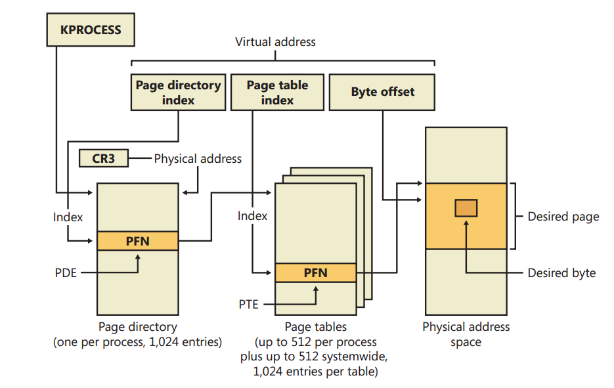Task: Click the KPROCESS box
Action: pyautogui.click(x=91, y=30)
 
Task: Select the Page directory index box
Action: pyautogui.click(x=178, y=93)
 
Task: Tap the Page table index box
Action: pyautogui.click(x=277, y=93)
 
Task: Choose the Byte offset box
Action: pyautogui.click(x=382, y=93)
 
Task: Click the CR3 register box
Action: pyautogui.click(x=104, y=159)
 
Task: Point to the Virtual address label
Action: pyautogui.click(x=275, y=42)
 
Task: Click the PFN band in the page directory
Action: pyautogui.click(x=138, y=241)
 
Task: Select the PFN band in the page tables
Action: pyautogui.click(x=316, y=272)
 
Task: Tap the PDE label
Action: pyautogui.click(x=66, y=272)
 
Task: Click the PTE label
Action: pyautogui.click(x=249, y=304)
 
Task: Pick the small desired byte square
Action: pyautogui.click(x=466, y=208)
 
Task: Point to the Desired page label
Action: pyautogui.click(x=563, y=217)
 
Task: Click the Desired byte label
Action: pyautogui.click(x=561, y=273)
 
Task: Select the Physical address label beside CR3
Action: pyautogui.click(x=198, y=159)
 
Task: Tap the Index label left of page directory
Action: pyautogui.click(x=68, y=217)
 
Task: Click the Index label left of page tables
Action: pyautogui.click(x=252, y=216)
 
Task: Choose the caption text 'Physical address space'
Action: pyautogui.click(x=466, y=334)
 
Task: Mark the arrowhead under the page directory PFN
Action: pyautogui.click(x=138, y=257)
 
